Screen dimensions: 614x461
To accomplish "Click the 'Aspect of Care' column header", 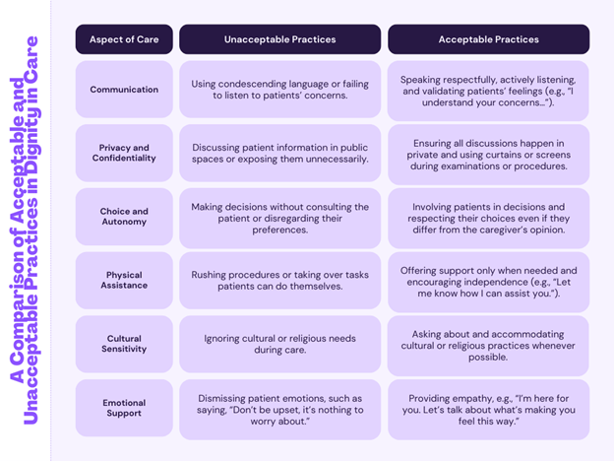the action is [x=124, y=39].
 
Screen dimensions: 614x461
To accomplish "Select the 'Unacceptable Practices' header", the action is [x=280, y=39].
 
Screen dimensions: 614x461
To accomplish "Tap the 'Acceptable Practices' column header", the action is [x=489, y=39].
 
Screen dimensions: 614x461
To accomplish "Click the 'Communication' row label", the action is [x=124, y=90].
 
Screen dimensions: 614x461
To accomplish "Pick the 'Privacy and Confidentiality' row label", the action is [x=124, y=153].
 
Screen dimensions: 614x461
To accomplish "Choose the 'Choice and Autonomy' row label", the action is [x=124, y=217].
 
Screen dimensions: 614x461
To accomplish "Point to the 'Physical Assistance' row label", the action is [x=124, y=281].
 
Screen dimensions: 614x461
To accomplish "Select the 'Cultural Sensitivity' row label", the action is [x=124, y=344].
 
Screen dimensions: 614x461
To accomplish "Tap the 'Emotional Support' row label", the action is [x=124, y=408].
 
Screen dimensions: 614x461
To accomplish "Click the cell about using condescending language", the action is [x=280, y=90].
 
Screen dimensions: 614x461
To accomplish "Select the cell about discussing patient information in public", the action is [x=280, y=153].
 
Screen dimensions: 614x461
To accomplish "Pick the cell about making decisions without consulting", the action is [x=280, y=218].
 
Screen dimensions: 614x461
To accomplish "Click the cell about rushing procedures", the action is [x=280, y=281].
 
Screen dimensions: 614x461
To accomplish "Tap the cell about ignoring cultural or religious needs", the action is [x=280, y=344].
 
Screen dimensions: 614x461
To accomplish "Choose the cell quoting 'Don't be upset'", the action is [x=280, y=410].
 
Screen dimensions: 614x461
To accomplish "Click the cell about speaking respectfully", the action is [x=488, y=91].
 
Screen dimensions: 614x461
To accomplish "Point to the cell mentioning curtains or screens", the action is [x=489, y=155].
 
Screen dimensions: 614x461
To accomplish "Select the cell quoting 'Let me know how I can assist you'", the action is [x=489, y=282].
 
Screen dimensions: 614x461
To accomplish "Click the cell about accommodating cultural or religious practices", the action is [x=488, y=346].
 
